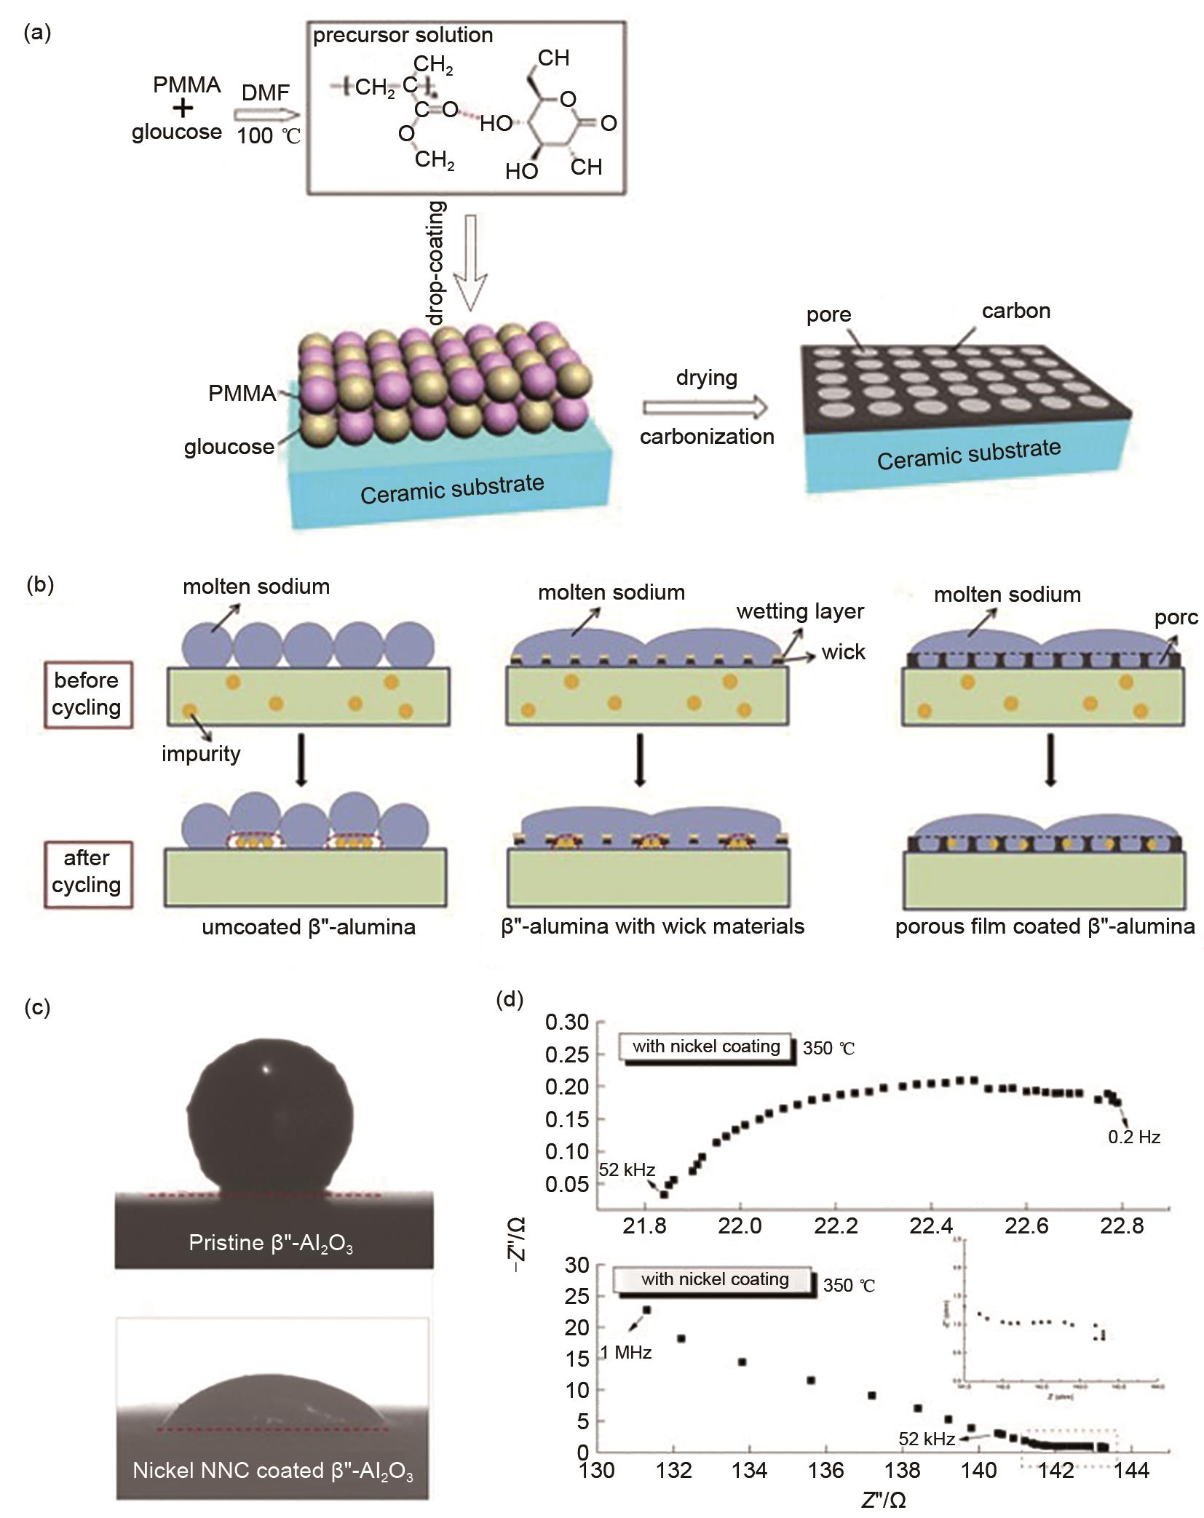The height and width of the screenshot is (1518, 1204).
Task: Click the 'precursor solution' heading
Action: tap(403, 36)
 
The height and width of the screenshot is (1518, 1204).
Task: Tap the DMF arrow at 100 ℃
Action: tap(266, 115)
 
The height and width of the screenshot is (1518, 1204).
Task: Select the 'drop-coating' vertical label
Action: tap(436, 263)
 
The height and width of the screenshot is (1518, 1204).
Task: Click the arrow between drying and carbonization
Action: tap(705, 407)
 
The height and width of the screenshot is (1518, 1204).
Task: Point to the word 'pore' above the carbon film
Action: tap(828, 314)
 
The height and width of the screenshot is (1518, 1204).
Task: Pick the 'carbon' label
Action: tap(1015, 311)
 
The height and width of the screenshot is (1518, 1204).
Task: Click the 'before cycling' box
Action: tap(87, 694)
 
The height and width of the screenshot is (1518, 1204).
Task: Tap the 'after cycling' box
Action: tap(87, 871)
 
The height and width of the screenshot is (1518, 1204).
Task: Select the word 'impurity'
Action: tap(201, 753)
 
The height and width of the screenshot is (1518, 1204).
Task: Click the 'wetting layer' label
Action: tap(800, 611)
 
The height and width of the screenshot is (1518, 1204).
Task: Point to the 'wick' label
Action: tap(843, 652)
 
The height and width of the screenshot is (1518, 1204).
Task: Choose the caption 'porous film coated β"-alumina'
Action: tap(1045, 926)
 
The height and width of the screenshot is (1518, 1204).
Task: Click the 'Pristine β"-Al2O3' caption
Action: tap(271, 1242)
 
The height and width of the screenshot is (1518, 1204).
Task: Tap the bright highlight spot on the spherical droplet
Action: tap(266, 1069)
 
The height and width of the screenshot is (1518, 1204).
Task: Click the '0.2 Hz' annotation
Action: tap(1133, 1137)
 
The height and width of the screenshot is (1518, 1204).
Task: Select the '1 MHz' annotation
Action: tap(625, 1353)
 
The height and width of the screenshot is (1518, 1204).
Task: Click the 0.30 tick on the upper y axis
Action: tap(566, 1022)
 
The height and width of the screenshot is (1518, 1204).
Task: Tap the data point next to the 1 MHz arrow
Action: tap(646, 1310)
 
